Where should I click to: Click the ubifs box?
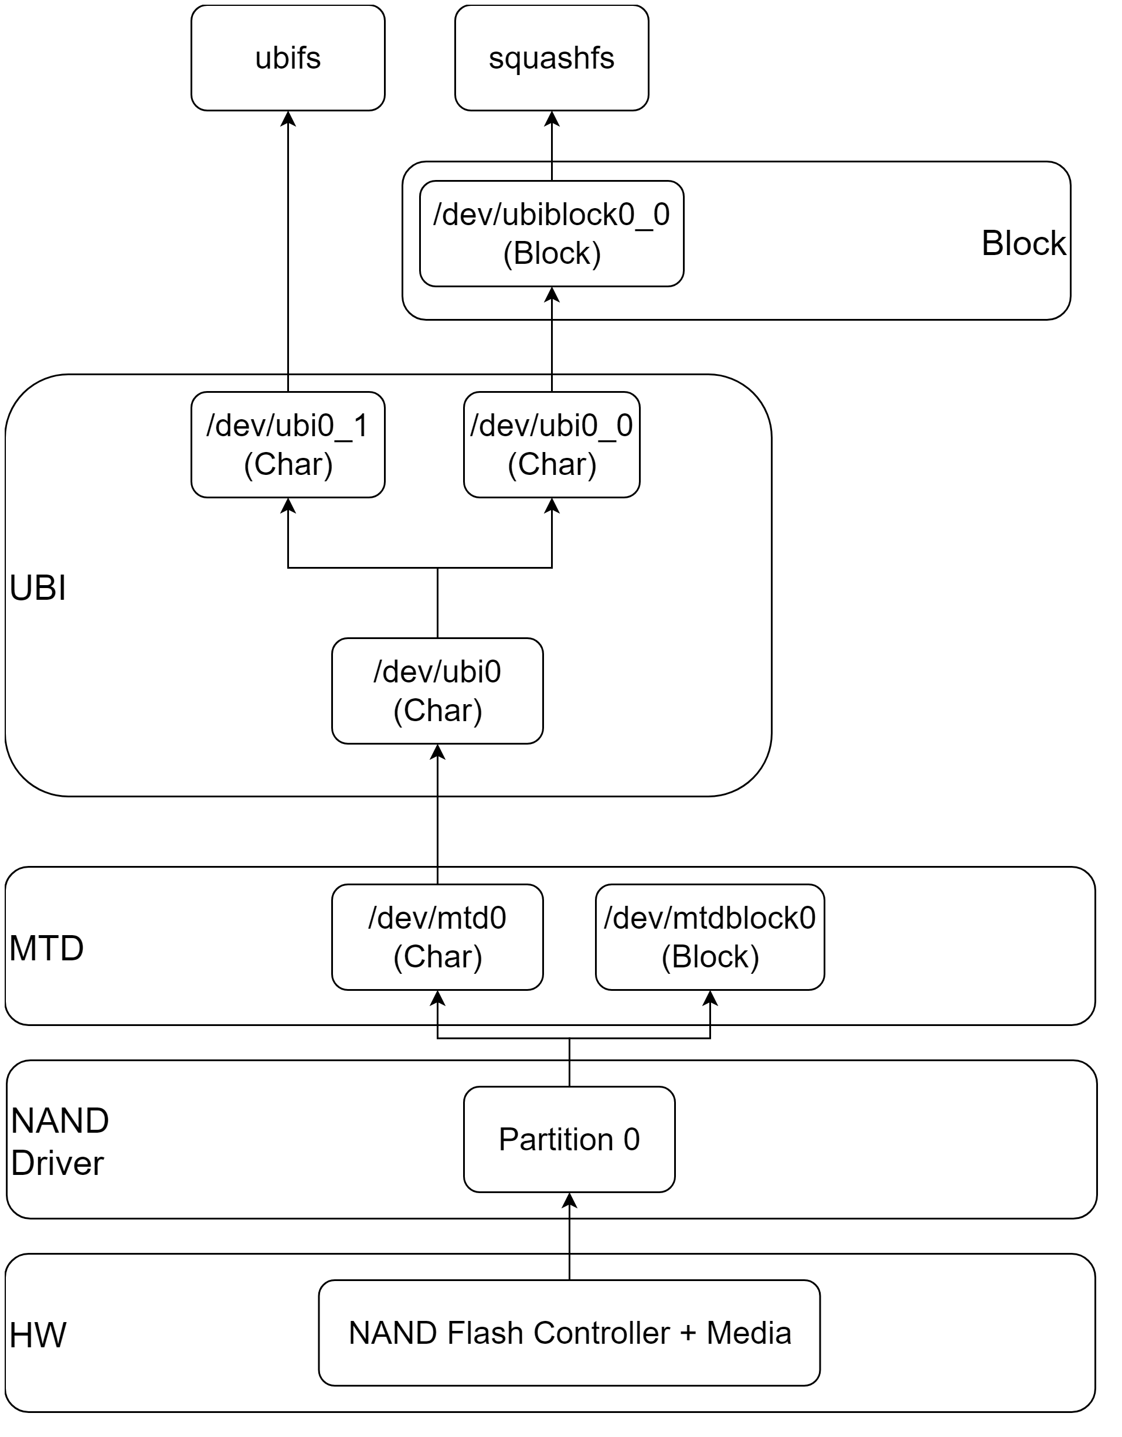[288, 58]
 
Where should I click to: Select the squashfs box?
[552, 58]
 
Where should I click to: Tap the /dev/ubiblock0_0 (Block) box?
[552, 233]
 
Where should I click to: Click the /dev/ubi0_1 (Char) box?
[288, 445]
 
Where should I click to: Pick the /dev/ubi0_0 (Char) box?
[552, 445]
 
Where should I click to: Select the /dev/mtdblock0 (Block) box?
[709, 937]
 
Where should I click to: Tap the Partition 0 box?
[569, 1139]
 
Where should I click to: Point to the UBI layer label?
[38, 587]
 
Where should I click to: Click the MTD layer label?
[46, 948]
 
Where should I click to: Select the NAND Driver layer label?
[59, 1142]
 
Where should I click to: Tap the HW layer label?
[38, 1335]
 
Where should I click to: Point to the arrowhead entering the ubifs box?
[288, 118]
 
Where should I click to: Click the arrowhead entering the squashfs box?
[552, 118]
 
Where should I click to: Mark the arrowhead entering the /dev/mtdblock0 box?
[709, 998]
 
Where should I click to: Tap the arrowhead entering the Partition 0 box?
[569, 1200]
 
